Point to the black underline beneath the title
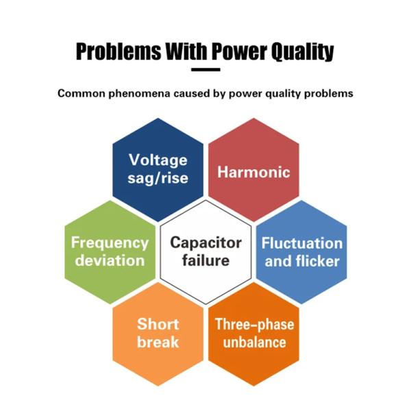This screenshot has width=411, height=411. point(206,68)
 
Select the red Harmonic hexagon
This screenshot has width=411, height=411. point(253,171)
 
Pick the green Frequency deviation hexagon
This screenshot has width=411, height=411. point(110,252)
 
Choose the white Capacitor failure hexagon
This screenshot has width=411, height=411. point(206,251)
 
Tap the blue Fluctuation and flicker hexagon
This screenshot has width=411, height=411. point(301,252)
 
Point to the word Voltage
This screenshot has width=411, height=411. point(158,160)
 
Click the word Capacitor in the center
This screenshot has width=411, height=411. point(206,242)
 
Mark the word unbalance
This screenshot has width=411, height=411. point(253,342)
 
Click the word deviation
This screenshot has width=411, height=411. point(110,260)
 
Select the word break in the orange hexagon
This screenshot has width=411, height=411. point(158,341)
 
